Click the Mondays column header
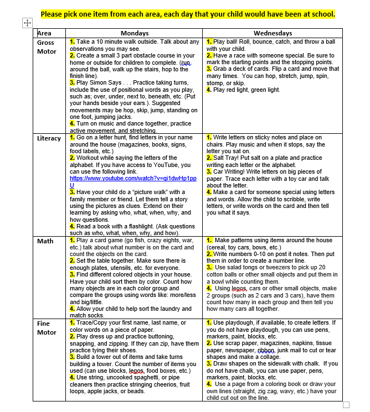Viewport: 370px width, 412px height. [134, 33]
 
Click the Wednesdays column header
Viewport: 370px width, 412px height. [273, 33]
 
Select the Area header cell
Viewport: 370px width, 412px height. [44, 33]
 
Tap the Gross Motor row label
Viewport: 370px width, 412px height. [46, 46]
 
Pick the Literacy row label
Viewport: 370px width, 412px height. [49, 138]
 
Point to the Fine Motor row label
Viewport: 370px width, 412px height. [47, 327]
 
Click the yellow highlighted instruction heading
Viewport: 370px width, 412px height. [188, 13]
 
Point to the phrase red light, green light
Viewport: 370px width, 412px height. [255, 90]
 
